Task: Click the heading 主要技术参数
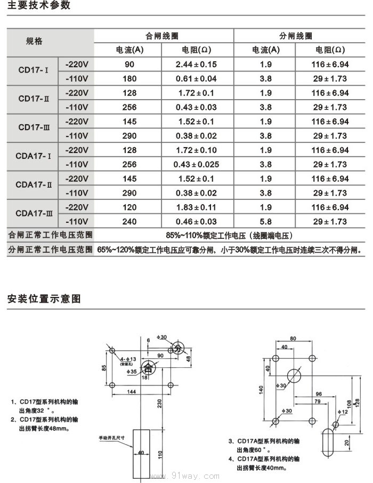[39, 6]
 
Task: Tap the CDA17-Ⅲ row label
[34, 214]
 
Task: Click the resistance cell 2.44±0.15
[196, 65]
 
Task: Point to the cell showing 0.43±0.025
[196, 164]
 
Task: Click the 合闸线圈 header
[163, 36]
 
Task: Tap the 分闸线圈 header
[296, 36]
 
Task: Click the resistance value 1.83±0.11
[196, 207]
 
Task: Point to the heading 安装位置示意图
[44, 299]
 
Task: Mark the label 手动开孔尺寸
[111, 438]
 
